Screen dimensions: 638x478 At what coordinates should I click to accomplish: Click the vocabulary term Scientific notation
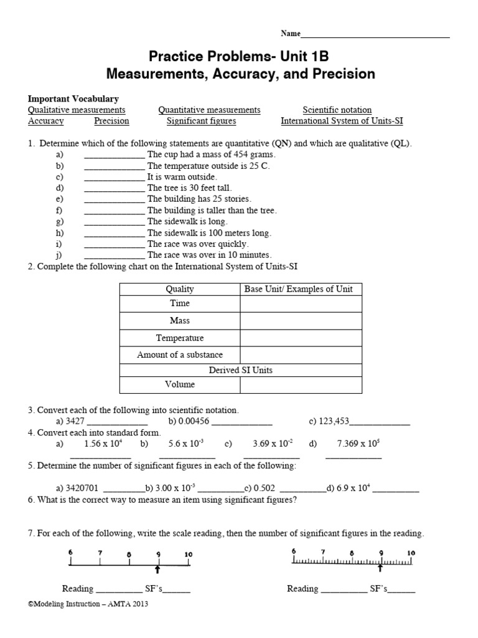click(x=337, y=110)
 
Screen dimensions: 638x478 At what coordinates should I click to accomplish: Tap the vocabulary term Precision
click(x=111, y=121)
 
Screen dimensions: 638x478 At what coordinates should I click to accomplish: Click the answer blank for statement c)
click(x=114, y=176)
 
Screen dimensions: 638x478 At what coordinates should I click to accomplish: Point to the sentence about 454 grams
click(x=211, y=154)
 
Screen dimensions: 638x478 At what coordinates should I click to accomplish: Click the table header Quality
click(x=179, y=288)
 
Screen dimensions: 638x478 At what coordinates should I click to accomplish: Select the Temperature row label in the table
click(x=179, y=338)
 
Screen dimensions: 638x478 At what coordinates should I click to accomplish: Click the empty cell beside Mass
click(x=301, y=321)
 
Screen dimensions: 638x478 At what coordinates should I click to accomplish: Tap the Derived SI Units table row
click(x=240, y=370)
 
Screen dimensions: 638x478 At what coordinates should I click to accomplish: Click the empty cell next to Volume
click(x=301, y=385)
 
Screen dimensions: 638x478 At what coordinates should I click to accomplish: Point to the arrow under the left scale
click(x=158, y=568)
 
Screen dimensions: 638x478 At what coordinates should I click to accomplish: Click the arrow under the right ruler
click(x=381, y=568)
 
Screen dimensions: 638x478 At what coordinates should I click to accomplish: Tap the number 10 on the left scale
click(x=189, y=553)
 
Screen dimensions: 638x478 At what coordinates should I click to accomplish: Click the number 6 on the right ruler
click(x=294, y=551)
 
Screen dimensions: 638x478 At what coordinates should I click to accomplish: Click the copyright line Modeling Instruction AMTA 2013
click(x=88, y=604)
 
